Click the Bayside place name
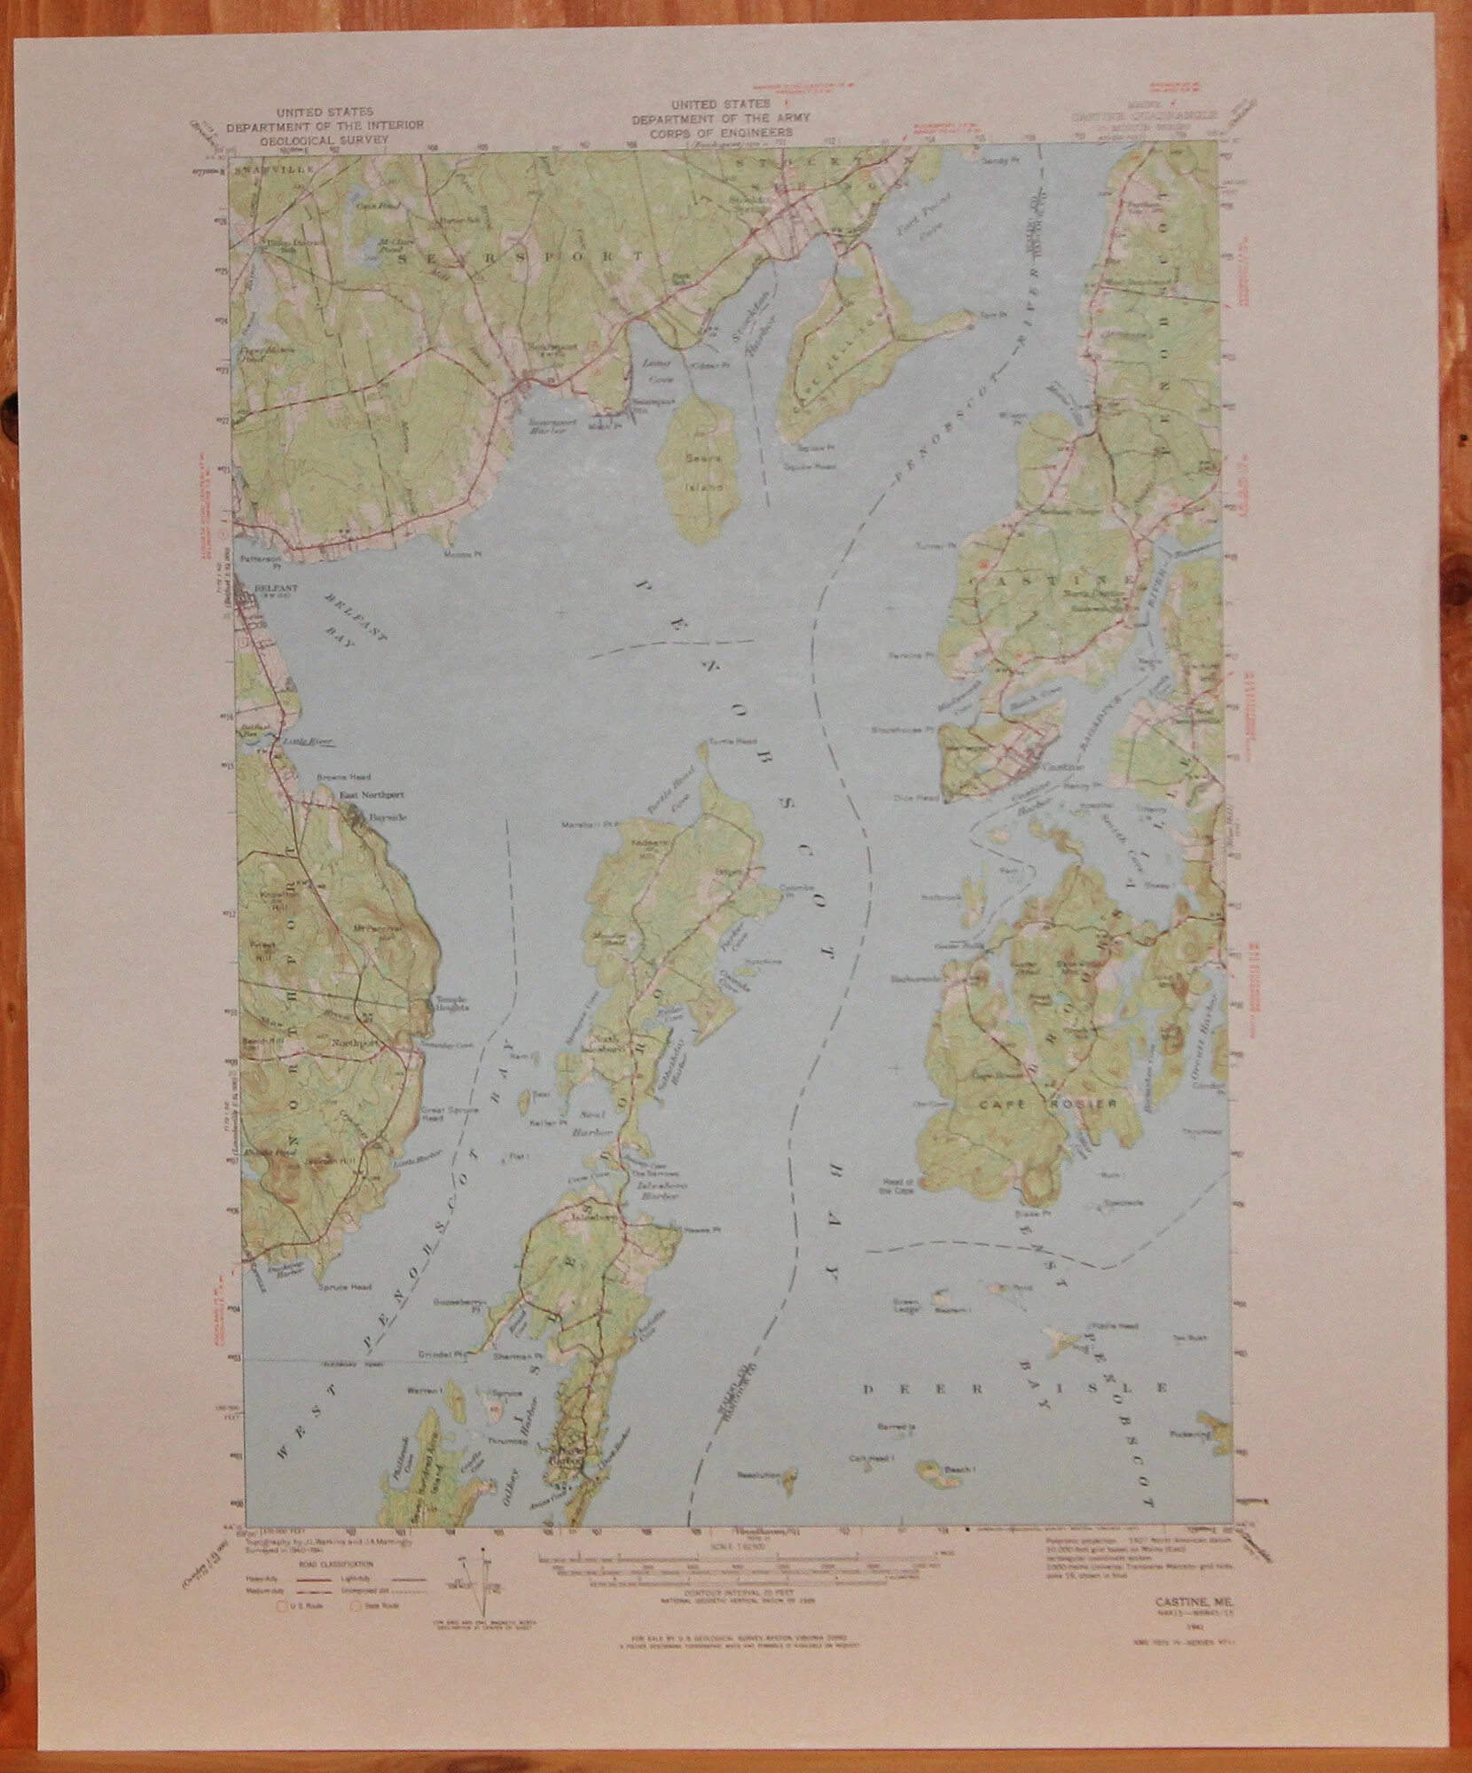pyautogui.click(x=387, y=816)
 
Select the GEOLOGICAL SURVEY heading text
pyautogui.click(x=324, y=139)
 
